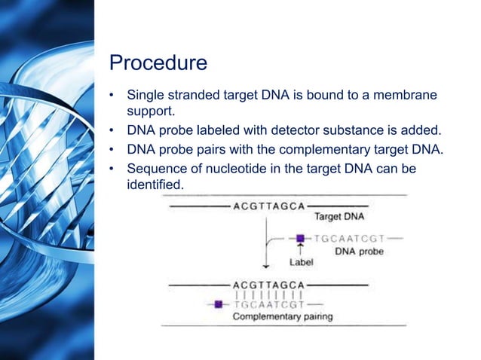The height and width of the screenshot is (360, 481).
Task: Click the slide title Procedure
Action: (x=158, y=63)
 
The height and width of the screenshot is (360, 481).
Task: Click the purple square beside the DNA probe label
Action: (x=300, y=238)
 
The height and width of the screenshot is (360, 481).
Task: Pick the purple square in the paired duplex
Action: (x=219, y=304)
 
